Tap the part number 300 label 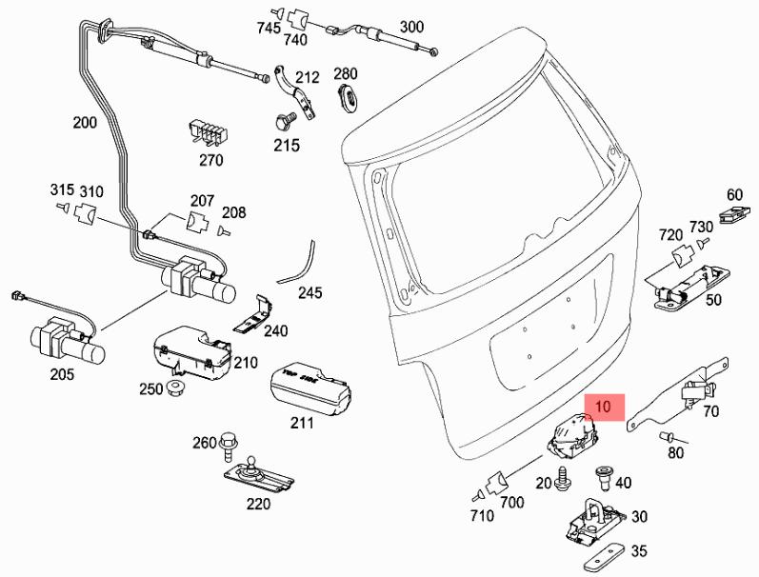pos(412,26)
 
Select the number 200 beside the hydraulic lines pos(85,122)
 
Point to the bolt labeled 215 pos(282,121)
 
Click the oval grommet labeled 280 pos(347,93)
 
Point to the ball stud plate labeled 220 pos(255,472)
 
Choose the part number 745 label pos(269,28)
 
